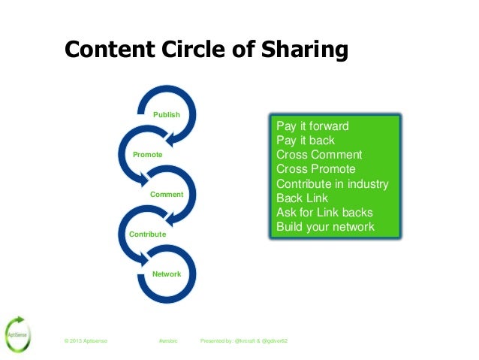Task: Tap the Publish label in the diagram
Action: pos(167,114)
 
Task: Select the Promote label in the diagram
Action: pos(147,154)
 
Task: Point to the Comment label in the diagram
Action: pos(167,194)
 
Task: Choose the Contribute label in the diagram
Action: pos(148,234)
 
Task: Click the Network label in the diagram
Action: pos(167,274)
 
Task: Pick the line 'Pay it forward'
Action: pos(312,126)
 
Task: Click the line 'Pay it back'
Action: pos(306,140)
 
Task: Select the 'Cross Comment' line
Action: pos(319,155)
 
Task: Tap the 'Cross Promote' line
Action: pos(316,169)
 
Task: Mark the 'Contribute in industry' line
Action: pos(332,183)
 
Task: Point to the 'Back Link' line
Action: pos(303,198)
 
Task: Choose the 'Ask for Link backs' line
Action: pos(324,212)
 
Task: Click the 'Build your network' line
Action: pos(325,226)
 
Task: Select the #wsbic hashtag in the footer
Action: pos(167,342)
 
